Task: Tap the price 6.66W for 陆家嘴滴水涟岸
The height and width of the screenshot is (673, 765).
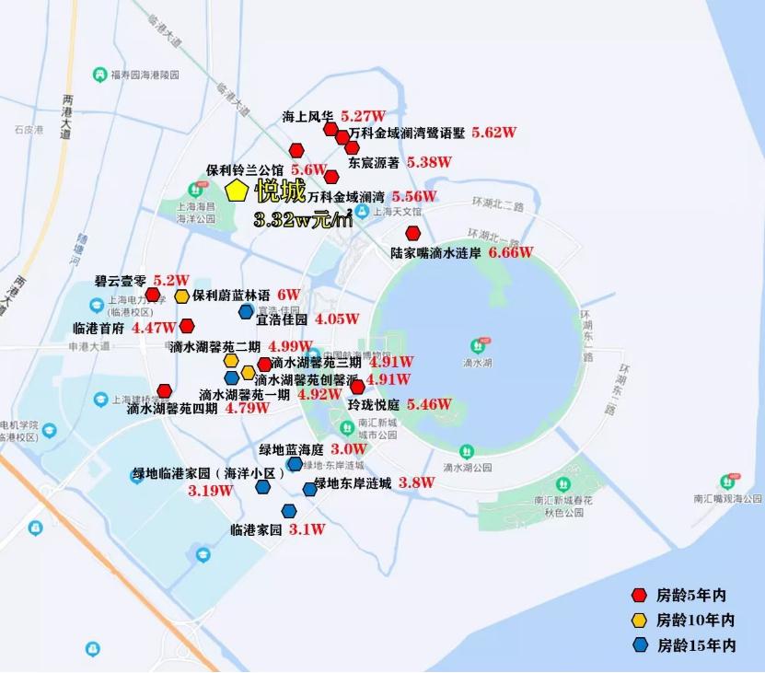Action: tap(511, 251)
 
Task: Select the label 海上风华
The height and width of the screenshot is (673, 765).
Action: tap(307, 117)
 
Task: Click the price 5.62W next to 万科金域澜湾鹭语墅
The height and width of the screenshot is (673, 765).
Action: tap(493, 133)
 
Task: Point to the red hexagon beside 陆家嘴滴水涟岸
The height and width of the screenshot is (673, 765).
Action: tap(413, 234)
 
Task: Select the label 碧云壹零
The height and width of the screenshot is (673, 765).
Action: tap(121, 280)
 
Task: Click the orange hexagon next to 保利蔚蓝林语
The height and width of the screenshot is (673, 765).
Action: tap(182, 296)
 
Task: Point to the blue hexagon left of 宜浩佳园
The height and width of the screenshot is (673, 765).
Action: tap(246, 312)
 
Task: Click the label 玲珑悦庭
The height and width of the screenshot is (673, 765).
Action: tap(373, 404)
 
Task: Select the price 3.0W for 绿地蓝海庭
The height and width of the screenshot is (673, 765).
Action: tap(349, 449)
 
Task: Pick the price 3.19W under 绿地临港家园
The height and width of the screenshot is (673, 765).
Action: tap(209, 491)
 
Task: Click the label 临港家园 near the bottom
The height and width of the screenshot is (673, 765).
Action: tap(256, 530)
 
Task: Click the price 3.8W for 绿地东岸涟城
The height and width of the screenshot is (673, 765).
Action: tap(416, 482)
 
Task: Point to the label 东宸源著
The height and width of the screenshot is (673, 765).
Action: tap(373, 162)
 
